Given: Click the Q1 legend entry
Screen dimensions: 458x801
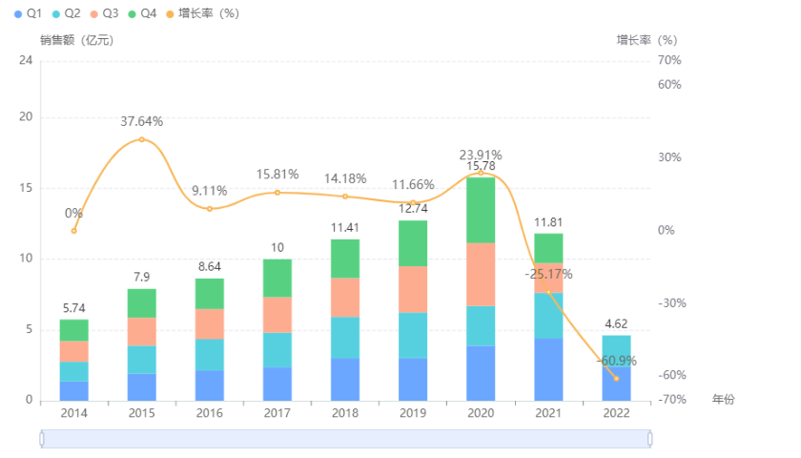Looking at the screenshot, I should point(27,13).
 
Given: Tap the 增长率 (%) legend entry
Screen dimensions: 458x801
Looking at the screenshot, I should point(202,13).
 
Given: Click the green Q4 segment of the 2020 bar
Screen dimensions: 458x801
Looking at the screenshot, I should point(481,210).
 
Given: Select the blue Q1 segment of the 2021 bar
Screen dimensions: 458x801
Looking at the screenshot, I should point(548,369).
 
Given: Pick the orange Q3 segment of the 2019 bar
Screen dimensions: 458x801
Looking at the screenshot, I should point(413,289).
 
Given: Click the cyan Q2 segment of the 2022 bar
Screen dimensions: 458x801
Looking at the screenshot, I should point(616,350).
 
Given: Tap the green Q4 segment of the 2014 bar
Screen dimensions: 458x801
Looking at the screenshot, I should point(74,330).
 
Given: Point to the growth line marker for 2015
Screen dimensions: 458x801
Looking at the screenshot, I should point(142,139).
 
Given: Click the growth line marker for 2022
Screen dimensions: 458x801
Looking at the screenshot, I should point(616,378).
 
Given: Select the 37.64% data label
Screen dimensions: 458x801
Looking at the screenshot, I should point(142,121).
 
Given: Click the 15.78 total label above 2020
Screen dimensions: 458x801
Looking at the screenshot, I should point(481,167).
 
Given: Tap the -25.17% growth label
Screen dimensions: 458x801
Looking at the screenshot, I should point(548,274).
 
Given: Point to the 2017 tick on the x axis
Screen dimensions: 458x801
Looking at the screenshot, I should point(277,413).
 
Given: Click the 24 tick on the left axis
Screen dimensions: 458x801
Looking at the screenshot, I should point(26,60).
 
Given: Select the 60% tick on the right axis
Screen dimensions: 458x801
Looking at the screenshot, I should point(669,85).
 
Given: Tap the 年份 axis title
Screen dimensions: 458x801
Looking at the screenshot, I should point(724,399).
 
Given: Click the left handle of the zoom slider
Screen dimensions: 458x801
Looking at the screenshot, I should point(42,438).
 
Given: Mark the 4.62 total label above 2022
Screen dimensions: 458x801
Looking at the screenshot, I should point(616,324).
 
